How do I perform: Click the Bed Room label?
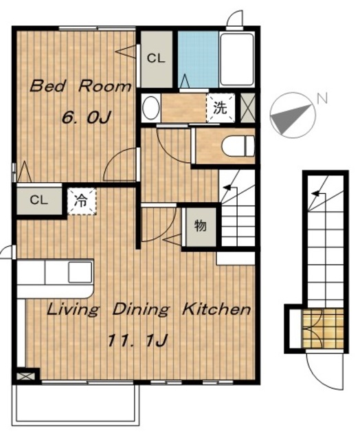pyautogui.click(x=80, y=86)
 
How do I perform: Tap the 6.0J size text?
pyautogui.click(x=87, y=118)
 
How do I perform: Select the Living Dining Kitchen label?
pyautogui.click(x=148, y=310)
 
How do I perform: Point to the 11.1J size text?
pyautogui.click(x=137, y=340)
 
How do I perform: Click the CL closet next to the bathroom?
pyautogui.click(x=156, y=59)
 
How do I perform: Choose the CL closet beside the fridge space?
pyautogui.click(x=39, y=201)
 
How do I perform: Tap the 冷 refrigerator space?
pyautogui.click(x=82, y=201)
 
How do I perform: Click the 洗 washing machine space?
pyautogui.click(x=221, y=108)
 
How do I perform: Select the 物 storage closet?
pyautogui.click(x=201, y=226)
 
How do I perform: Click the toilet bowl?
pyautogui.click(x=238, y=146)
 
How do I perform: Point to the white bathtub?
pyautogui.click(x=237, y=59)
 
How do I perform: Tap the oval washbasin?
pyautogui.click(x=151, y=109)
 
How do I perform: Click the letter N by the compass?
pyautogui.click(x=322, y=98)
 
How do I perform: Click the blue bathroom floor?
pyautogui.click(x=199, y=60)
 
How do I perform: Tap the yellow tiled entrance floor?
pyautogui.click(x=323, y=329)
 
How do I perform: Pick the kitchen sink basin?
pyautogui.click(x=80, y=272)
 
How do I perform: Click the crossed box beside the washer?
pyautogui.click(x=248, y=108)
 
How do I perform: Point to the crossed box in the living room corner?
pyautogui.click(x=26, y=376)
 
